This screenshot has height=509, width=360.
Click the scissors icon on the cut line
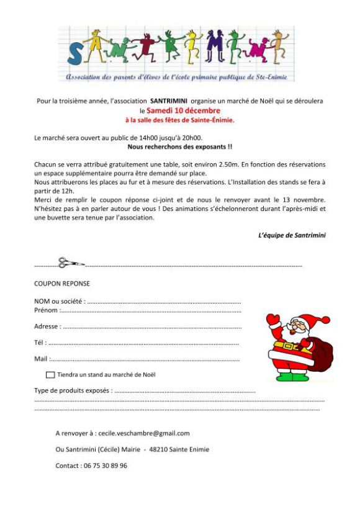coord(70,263)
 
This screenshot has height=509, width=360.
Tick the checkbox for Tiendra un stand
coord(50,375)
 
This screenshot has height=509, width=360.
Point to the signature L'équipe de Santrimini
coord(292,235)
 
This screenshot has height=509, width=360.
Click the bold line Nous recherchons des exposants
coord(179,147)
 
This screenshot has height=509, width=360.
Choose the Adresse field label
coord(47,326)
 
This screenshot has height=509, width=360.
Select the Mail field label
coord(40,359)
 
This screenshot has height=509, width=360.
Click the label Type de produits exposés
coord(73,391)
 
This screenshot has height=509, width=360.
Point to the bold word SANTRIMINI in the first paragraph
coord(169,100)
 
